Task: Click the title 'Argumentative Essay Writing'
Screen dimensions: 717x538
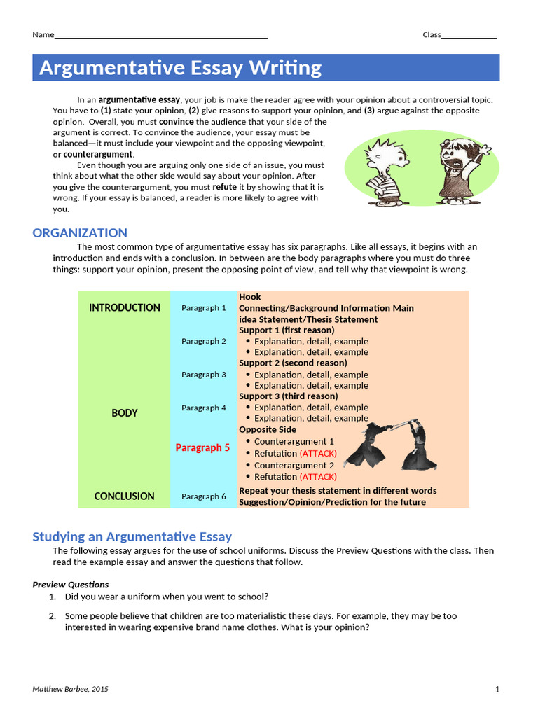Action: point(180,68)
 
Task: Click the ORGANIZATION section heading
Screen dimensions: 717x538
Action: point(80,233)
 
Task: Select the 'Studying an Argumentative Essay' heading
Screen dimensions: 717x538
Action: point(132,537)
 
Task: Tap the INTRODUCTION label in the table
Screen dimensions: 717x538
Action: point(125,307)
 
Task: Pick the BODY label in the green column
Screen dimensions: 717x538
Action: point(125,413)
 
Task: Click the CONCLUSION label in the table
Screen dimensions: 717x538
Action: point(125,496)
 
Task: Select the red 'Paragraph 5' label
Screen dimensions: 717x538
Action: point(202,447)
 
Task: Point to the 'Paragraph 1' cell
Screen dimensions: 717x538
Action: point(204,307)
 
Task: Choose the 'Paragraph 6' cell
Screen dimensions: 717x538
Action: point(204,496)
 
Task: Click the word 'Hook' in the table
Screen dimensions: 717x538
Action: point(250,297)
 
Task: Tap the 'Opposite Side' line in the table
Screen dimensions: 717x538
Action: point(268,429)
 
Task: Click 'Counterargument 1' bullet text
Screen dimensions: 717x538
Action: point(294,441)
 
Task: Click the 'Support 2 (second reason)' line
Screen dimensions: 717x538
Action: point(293,363)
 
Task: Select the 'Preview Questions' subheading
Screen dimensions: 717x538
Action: point(71,585)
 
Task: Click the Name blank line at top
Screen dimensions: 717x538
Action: point(161,35)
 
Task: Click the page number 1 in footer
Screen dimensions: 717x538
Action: point(497,690)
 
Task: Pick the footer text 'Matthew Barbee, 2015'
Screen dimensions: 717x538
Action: point(71,690)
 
